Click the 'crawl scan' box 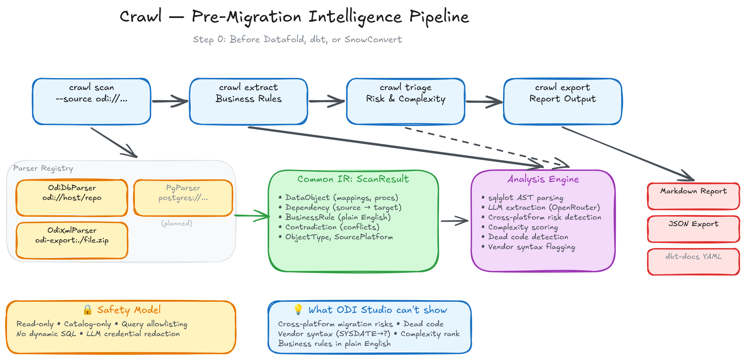tap(92, 101)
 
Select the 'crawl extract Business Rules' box tap(249, 101)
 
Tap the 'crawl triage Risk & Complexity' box tap(406, 101)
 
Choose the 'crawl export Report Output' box tap(563, 101)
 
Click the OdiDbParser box tap(72, 198)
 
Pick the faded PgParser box tap(183, 198)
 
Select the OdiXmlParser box tap(72, 240)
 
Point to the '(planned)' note tap(177, 223)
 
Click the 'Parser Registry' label tap(43, 168)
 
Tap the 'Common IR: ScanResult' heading tap(353, 179)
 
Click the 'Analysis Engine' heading tap(543, 179)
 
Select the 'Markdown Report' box tap(694, 196)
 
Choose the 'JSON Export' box tap(694, 229)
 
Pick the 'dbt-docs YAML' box tap(694, 262)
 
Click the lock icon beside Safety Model tap(87, 310)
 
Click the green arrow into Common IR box tap(252, 216)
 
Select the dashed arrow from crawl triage tap(484, 147)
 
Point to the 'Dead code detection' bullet tap(528, 237)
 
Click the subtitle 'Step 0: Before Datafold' tap(297, 40)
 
